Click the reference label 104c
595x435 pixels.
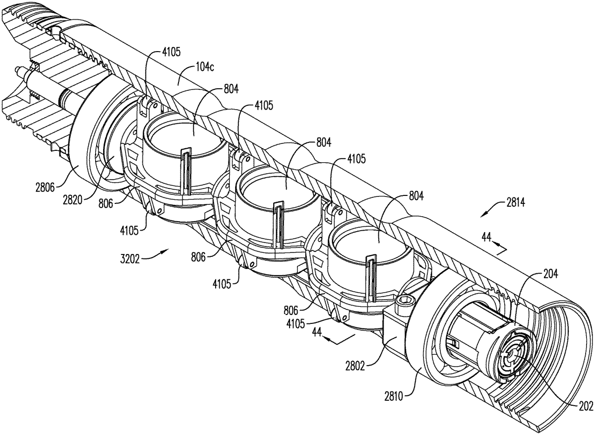click(x=205, y=67)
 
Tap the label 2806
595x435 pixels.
click(x=45, y=188)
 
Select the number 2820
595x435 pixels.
click(x=72, y=200)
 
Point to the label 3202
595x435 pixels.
click(x=130, y=259)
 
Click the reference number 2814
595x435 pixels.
click(x=516, y=203)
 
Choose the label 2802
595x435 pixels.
click(x=355, y=367)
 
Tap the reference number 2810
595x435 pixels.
click(x=394, y=397)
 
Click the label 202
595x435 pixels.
click(x=587, y=406)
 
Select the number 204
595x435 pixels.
click(x=551, y=274)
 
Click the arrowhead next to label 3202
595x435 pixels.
click(x=167, y=250)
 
